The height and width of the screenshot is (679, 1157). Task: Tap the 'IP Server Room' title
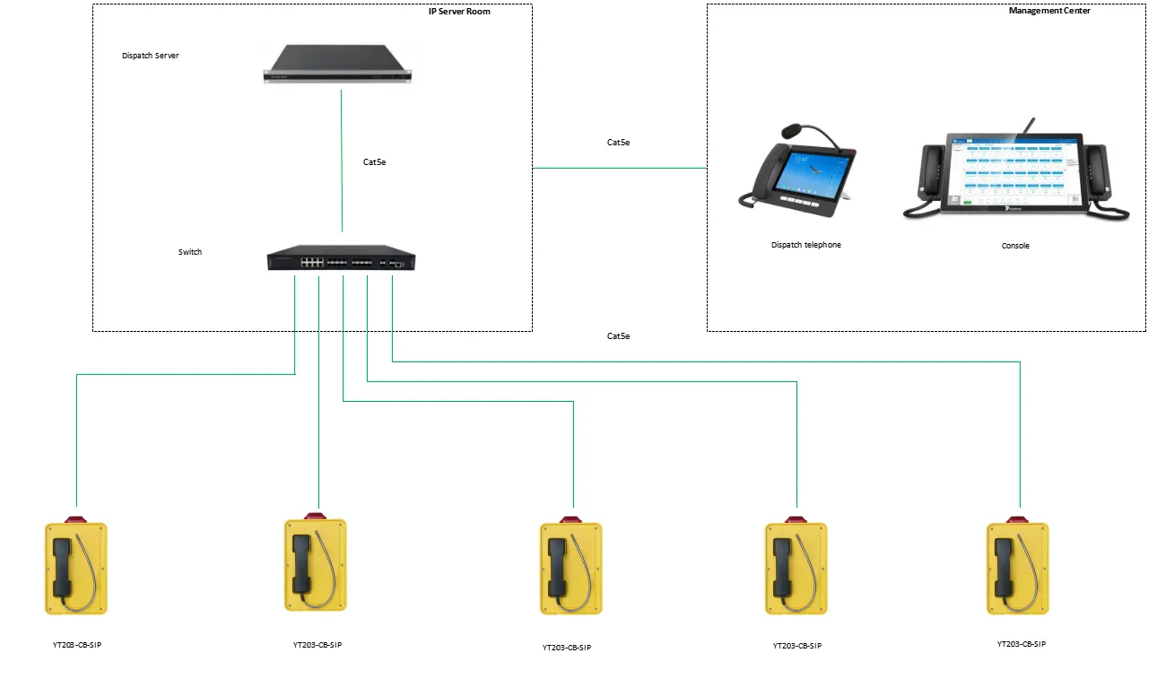(459, 12)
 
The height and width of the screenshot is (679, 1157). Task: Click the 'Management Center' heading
(1049, 12)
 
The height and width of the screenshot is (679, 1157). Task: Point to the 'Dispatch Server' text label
(151, 56)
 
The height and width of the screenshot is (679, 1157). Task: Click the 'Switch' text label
(190, 252)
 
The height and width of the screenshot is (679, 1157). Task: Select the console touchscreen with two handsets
(1015, 174)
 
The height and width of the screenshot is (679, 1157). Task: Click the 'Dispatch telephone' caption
(806, 245)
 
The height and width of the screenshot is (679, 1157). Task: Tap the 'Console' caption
(1015, 246)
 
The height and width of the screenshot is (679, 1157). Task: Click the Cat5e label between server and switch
(374, 162)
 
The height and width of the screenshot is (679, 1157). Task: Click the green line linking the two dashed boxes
(619, 168)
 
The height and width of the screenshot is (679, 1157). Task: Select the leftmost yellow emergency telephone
(76, 569)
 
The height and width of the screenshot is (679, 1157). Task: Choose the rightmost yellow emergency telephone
(1018, 569)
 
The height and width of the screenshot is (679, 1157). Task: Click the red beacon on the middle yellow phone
(570, 519)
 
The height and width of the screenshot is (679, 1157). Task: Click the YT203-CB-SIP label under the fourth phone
(796, 646)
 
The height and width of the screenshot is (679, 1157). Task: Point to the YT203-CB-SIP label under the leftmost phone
(77, 646)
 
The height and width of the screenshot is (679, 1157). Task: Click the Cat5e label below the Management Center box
(619, 336)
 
